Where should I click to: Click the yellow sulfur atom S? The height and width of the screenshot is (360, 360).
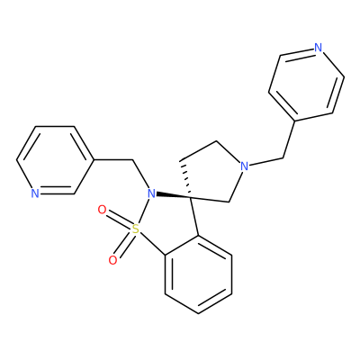click(x=136, y=229)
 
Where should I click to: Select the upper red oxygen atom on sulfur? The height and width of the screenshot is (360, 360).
click(x=102, y=210)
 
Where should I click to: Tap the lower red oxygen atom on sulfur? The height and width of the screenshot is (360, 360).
click(x=112, y=260)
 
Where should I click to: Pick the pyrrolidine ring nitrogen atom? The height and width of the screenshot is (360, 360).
click(x=245, y=166)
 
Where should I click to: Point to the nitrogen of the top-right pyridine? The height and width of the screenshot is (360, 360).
click(x=318, y=48)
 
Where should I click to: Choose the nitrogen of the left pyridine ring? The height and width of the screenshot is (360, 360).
click(x=35, y=193)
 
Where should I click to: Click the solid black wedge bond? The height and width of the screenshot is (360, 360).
click(x=174, y=195)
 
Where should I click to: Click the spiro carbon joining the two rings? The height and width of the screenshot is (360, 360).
click(x=191, y=197)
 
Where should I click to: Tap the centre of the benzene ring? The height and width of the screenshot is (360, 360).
click(x=198, y=274)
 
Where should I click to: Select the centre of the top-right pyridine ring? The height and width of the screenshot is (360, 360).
click(x=306, y=85)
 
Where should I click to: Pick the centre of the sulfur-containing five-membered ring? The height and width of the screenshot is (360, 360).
click(x=168, y=222)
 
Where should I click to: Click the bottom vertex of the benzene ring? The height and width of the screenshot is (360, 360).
click(x=198, y=313)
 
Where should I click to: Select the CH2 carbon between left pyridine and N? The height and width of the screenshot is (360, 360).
click(x=132, y=159)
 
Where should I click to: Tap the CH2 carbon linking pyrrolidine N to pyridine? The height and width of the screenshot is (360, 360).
click(x=283, y=157)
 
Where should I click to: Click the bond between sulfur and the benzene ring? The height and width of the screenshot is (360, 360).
click(x=152, y=244)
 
